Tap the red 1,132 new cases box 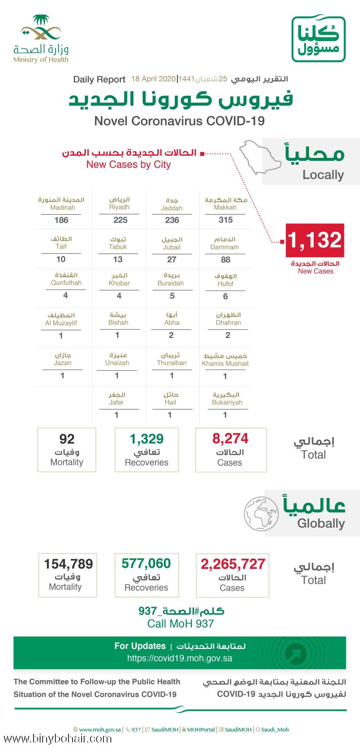pos(315,240)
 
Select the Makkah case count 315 pos(225,220)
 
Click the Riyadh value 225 pos(120,220)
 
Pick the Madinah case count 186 pos(61,220)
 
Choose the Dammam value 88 pos(225,259)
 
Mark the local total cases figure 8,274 pos(230,439)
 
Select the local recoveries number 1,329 pos(147,439)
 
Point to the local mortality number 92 pos(67,439)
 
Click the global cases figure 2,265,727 pos(233,564)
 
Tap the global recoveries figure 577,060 pos(146,563)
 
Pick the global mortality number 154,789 pos(68,564)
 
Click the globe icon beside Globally pos(261,514)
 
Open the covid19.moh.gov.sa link pos(179,658)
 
